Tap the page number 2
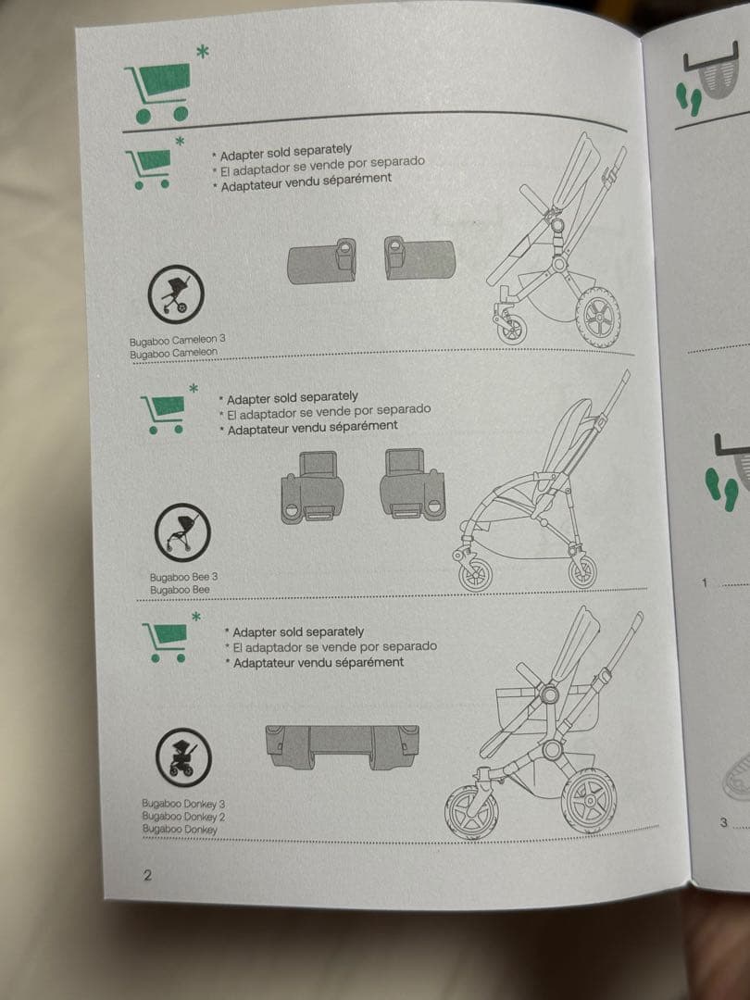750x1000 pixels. (x=147, y=875)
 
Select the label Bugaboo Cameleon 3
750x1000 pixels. (x=177, y=340)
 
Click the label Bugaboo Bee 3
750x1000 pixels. (x=183, y=577)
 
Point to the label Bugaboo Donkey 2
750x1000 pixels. (x=183, y=817)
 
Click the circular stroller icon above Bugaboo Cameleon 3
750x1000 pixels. (x=176, y=294)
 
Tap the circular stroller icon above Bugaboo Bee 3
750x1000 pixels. (x=182, y=532)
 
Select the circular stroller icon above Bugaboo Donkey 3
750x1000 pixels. (x=183, y=757)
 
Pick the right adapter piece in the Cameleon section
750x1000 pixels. (x=419, y=257)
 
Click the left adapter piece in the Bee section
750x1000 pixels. (x=313, y=487)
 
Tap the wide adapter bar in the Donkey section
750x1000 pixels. (x=342, y=745)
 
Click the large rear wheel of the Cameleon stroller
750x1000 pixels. (x=598, y=317)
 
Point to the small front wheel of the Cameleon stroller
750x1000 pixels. (x=511, y=328)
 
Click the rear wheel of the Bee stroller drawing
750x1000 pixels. (x=583, y=570)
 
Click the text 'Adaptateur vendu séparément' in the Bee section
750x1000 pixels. (x=313, y=427)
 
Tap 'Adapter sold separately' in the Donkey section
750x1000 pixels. (x=298, y=632)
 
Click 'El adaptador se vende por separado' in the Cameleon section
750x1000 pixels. (x=322, y=166)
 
